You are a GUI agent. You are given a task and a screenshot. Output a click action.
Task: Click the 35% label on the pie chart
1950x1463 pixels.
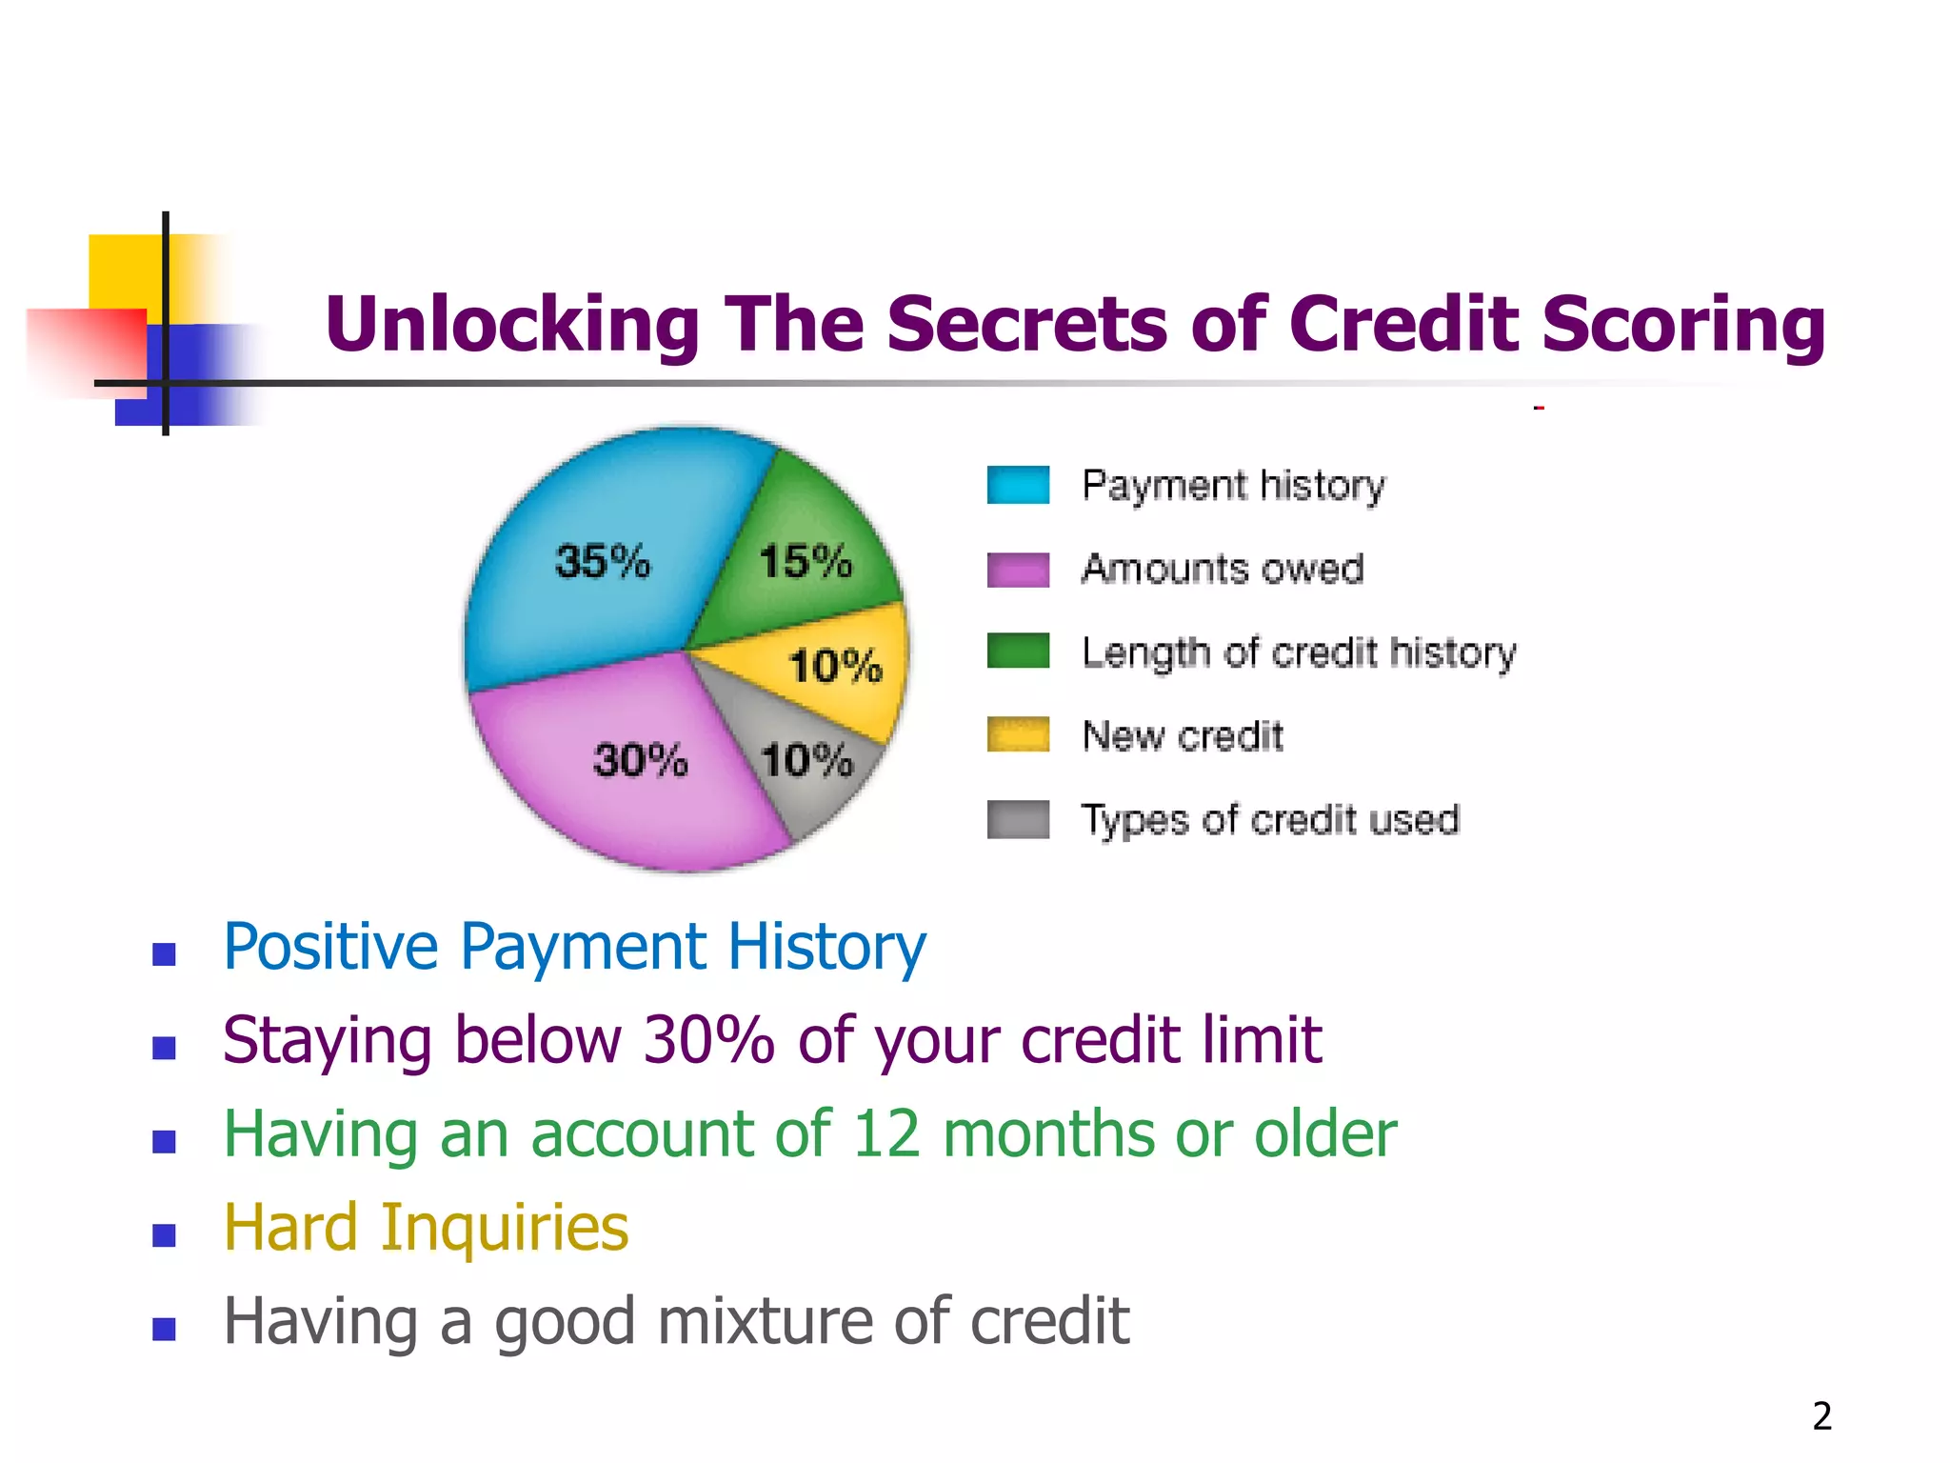coord(603,561)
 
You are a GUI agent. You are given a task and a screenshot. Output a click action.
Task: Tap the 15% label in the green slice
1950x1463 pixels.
coord(806,561)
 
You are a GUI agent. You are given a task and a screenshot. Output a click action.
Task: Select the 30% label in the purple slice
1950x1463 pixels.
coord(640,760)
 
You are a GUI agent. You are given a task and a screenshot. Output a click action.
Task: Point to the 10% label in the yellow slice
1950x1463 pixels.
coord(836,666)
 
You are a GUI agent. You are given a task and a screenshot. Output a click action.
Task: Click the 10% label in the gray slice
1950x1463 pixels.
coord(807,760)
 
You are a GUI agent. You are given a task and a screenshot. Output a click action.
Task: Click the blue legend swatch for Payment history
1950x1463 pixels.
coord(1018,485)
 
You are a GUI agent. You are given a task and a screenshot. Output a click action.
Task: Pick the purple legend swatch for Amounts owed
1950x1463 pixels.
coord(1018,570)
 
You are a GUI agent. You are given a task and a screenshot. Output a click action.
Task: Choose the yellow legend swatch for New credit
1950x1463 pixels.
coord(1018,735)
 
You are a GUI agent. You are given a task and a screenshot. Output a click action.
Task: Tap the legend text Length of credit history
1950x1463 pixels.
coord(1299,653)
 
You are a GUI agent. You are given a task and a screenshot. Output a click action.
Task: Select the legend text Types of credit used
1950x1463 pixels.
coord(1270,820)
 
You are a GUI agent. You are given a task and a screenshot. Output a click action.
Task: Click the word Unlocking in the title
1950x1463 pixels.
coord(512,325)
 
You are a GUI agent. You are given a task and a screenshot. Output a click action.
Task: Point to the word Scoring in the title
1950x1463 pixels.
coord(1682,325)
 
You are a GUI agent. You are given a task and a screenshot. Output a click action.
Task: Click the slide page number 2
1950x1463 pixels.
coord(1821,1416)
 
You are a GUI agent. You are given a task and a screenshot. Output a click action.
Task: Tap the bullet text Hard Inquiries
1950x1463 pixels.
coord(426,1228)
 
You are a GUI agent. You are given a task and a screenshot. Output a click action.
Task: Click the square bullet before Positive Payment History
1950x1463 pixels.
coord(164,953)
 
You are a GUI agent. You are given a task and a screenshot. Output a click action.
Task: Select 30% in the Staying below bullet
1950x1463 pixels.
coord(708,1040)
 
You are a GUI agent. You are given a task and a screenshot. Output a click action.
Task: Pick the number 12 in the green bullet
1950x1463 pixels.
coord(885,1134)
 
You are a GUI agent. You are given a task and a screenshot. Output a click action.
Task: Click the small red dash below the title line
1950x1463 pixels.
coord(1539,409)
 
